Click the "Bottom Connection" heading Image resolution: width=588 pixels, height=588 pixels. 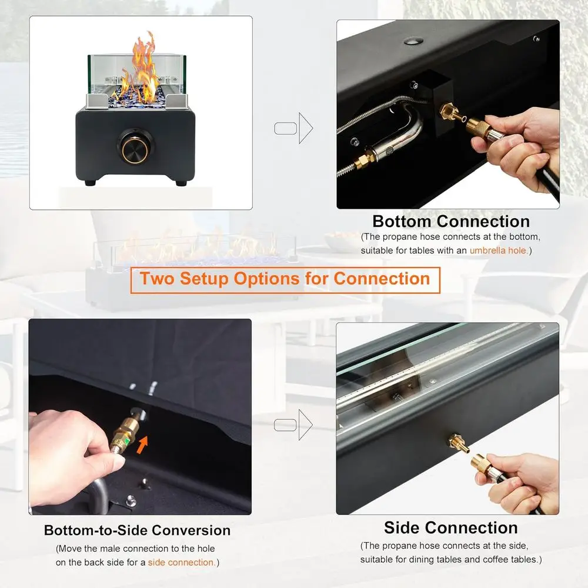tap(451, 222)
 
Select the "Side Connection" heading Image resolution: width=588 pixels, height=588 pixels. tap(450, 527)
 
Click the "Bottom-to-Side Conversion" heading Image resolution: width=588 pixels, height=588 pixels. tap(137, 530)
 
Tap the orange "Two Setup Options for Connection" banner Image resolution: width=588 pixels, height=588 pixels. tap(285, 278)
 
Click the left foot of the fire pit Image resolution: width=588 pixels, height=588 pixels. tap(90, 183)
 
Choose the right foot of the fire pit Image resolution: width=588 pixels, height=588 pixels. tap(180, 183)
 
